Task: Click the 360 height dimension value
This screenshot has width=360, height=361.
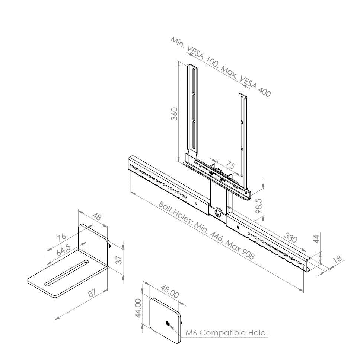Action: tap(175, 114)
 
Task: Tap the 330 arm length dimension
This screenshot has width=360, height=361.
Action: tap(291, 237)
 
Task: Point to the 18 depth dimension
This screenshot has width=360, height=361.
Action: tap(338, 259)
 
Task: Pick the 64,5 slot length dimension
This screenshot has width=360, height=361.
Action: tap(64, 250)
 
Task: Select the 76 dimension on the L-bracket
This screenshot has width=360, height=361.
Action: tap(61, 237)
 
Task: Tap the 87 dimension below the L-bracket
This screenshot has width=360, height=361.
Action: tap(92, 293)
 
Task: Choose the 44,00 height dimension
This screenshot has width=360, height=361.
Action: tap(138, 308)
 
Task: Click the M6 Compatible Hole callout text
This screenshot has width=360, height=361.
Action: tap(226, 333)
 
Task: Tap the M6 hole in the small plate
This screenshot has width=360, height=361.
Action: tap(168, 323)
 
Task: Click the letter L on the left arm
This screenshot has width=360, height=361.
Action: tap(196, 203)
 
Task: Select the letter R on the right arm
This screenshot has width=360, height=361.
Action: tap(238, 227)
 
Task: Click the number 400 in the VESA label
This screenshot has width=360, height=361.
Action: tap(264, 92)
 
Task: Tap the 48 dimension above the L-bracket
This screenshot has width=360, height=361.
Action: tap(97, 216)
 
